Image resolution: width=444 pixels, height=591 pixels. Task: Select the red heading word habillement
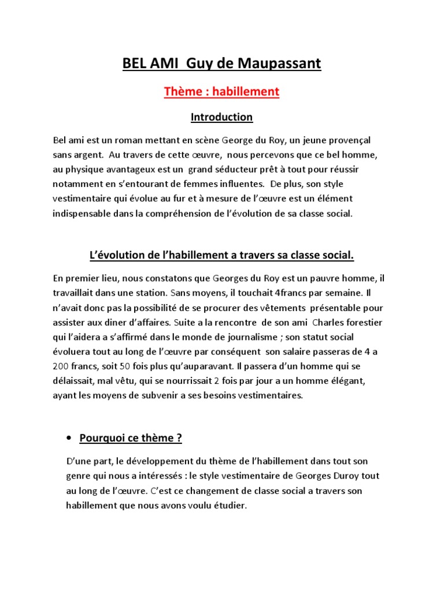[246, 91]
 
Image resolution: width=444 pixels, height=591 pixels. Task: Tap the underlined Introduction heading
[221, 117]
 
